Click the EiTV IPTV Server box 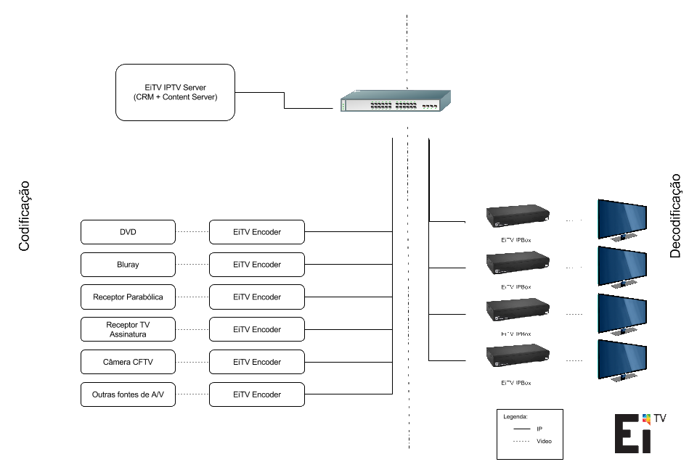click(x=175, y=92)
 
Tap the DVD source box click(x=128, y=232)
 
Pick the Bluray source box click(x=128, y=265)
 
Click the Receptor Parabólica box click(x=128, y=297)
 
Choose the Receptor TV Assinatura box click(x=128, y=329)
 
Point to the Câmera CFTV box click(x=128, y=362)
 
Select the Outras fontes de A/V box click(x=128, y=394)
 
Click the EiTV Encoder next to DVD click(x=257, y=232)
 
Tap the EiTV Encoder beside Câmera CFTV click(x=257, y=362)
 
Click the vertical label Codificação click(x=24, y=216)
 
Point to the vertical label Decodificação click(x=675, y=215)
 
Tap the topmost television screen click(x=621, y=219)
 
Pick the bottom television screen click(x=621, y=360)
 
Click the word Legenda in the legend click(x=515, y=417)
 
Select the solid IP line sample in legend click(x=521, y=429)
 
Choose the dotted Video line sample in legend click(x=521, y=442)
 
